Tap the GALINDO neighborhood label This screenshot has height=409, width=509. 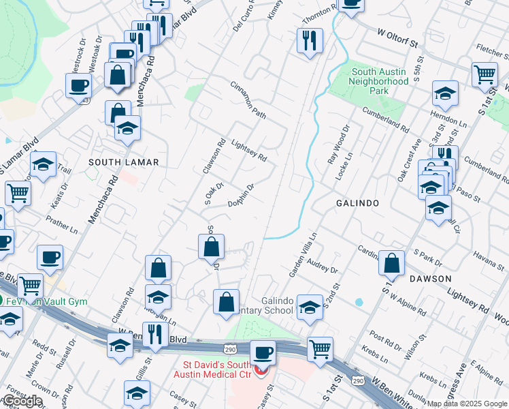click(357, 203)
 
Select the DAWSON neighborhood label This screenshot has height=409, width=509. click(430, 279)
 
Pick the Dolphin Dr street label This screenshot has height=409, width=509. click(242, 194)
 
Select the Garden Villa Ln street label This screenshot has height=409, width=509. click(303, 254)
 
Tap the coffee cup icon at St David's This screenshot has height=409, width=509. click(262, 353)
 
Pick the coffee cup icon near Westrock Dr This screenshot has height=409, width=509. click(78, 86)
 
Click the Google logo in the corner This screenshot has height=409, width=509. click(22, 401)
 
